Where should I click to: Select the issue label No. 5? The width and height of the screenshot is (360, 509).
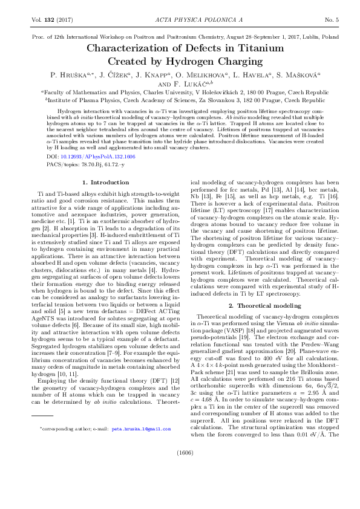tap(332, 20)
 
